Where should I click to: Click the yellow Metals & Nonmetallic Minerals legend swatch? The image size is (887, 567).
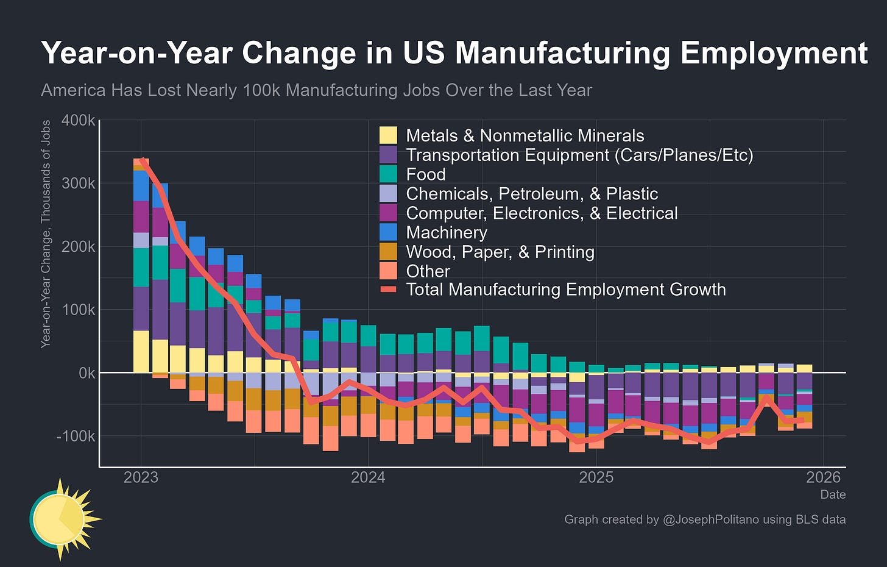(388, 135)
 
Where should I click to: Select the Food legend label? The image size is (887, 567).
(426, 174)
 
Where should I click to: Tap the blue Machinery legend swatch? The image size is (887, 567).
(388, 232)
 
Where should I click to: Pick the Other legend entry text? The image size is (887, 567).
(428, 271)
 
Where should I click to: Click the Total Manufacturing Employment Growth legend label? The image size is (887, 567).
(566, 290)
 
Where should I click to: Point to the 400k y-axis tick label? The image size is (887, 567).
(79, 120)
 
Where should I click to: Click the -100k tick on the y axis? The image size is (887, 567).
(75, 436)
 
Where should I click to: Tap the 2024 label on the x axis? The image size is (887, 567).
(368, 477)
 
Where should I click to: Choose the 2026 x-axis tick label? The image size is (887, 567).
(824, 477)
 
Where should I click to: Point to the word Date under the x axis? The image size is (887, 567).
(833, 494)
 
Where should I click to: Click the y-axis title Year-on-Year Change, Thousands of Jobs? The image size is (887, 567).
(46, 234)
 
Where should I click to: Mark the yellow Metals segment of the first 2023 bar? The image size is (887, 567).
(141, 351)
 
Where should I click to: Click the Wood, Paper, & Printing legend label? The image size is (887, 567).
(500, 252)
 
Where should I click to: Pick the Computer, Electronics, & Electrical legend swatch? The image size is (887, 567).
(388, 213)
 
